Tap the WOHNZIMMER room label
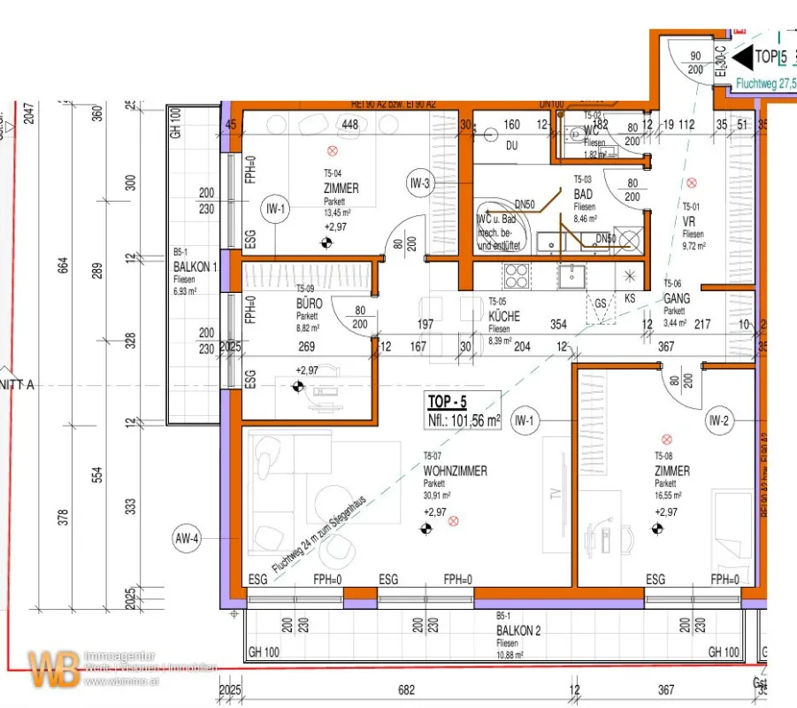[455, 471]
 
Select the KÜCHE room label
[504, 316]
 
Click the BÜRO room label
[309, 303]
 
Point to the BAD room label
[583, 195]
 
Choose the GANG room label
[677, 299]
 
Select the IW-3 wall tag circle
[420, 184]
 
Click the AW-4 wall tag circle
[188, 537]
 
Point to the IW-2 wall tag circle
[719, 420]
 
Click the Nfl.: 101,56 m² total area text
[464, 420]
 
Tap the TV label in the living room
[556, 496]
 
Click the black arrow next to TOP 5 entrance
[740, 58]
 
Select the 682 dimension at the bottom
[406, 689]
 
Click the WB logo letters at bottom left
[52, 669]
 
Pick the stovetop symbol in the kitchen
[517, 276]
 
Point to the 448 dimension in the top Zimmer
[349, 125]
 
